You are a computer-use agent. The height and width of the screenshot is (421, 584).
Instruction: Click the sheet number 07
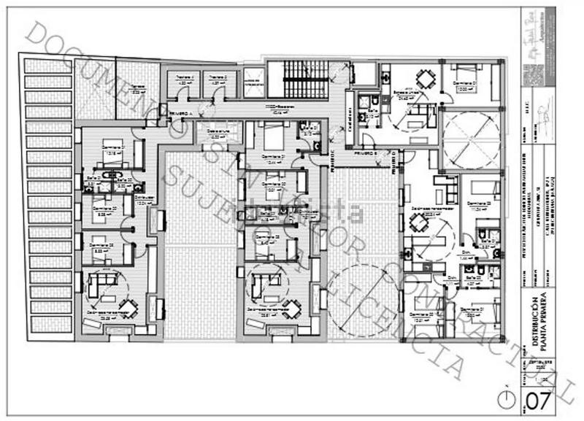tap(539, 401)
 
